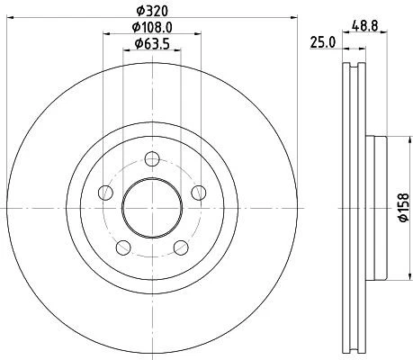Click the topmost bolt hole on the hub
[152, 159]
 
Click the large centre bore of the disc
[151, 208]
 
